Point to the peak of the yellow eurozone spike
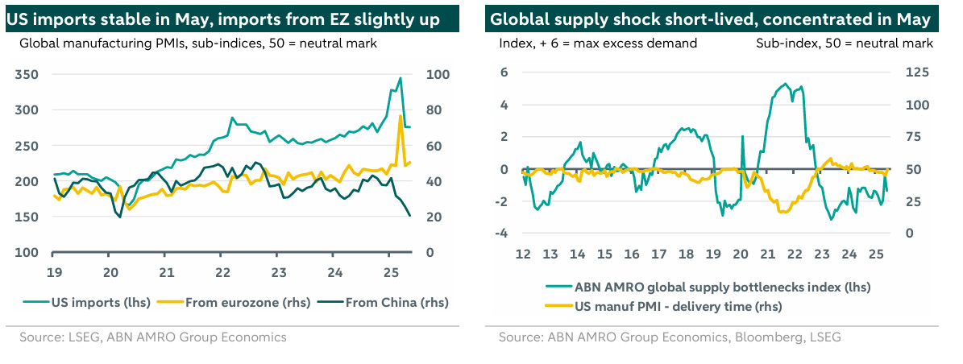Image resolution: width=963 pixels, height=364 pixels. (x=401, y=116)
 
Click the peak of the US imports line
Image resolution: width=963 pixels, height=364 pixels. (x=401, y=78)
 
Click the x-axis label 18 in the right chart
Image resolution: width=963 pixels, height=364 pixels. (x=686, y=255)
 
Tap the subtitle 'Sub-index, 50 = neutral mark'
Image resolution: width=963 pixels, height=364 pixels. (x=844, y=43)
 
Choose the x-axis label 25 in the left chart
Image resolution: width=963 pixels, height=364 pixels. (x=389, y=271)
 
